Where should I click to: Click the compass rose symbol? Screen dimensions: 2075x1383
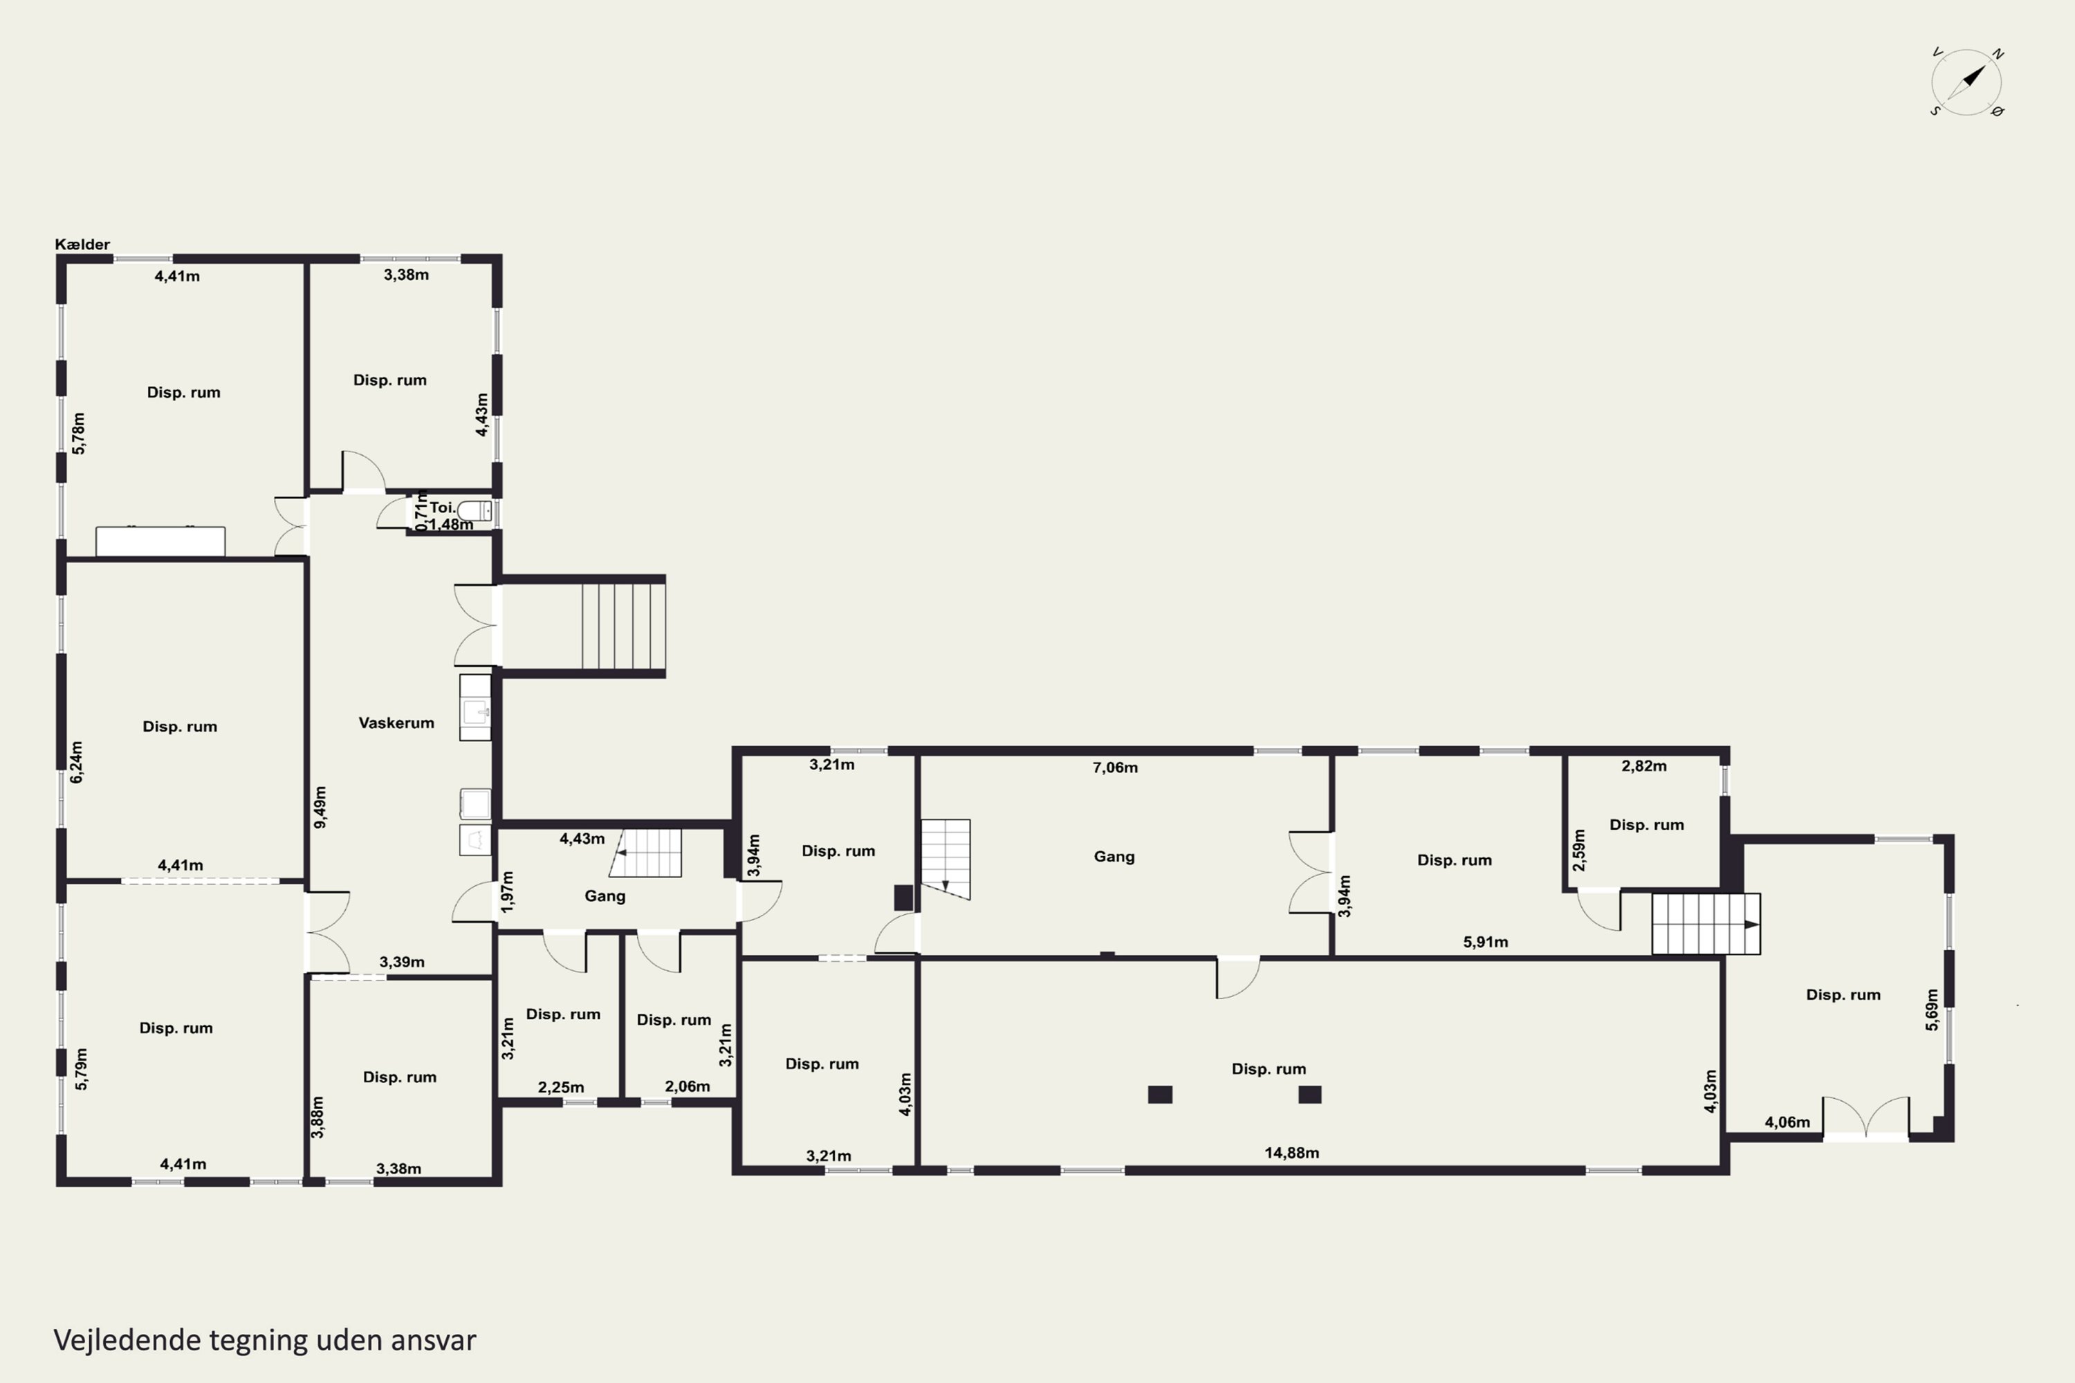click(x=1966, y=83)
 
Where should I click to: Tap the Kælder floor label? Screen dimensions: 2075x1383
click(x=82, y=244)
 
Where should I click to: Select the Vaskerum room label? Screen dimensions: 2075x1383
click(x=396, y=723)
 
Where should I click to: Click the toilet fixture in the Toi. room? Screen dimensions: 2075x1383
click(x=474, y=511)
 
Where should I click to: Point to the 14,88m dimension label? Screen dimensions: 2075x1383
click(x=1291, y=1153)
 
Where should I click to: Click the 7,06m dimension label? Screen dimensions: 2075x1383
click(x=1115, y=768)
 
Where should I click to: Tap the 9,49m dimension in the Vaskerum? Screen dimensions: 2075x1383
click(x=320, y=807)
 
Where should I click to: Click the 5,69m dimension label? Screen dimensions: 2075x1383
click(x=1932, y=1009)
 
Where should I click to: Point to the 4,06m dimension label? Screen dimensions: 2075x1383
click(x=1787, y=1122)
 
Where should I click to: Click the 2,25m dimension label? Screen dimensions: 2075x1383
click(x=561, y=1088)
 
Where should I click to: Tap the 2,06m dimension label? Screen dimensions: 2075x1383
click(x=688, y=1086)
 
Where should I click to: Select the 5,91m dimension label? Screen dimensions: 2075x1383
click(x=1486, y=942)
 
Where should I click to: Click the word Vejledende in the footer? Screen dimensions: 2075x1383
click(x=127, y=1340)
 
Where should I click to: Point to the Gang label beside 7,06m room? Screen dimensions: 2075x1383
click(x=1114, y=857)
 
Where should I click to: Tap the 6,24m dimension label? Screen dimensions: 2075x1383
click(x=77, y=762)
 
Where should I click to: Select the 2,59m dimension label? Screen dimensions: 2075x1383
click(x=1579, y=851)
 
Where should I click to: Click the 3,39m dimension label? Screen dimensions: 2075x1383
click(x=403, y=963)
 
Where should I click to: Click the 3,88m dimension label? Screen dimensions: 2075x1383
click(x=317, y=1117)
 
